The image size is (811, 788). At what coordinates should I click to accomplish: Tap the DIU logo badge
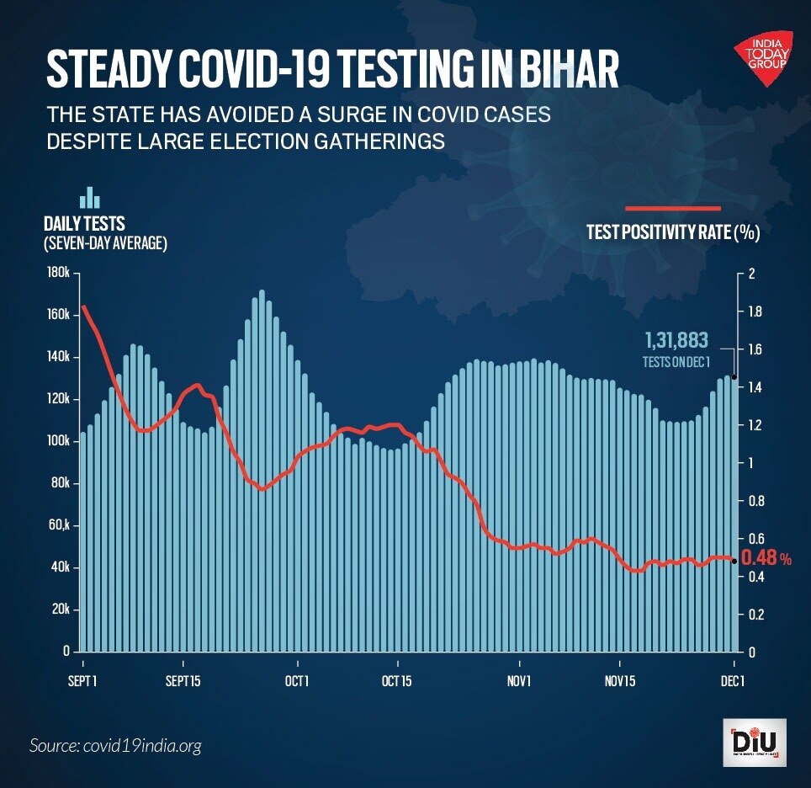754,742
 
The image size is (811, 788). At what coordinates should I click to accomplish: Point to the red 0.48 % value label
766,557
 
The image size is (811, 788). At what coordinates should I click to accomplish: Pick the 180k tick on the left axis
58,273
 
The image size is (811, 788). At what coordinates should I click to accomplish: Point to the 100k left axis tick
58,441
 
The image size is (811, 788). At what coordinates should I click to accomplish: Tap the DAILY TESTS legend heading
84,224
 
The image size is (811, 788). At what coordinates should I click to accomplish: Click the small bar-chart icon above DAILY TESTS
89,197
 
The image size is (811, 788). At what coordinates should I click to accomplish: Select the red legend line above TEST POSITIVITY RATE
672,208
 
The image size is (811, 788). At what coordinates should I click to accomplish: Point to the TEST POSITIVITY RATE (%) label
673,233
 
